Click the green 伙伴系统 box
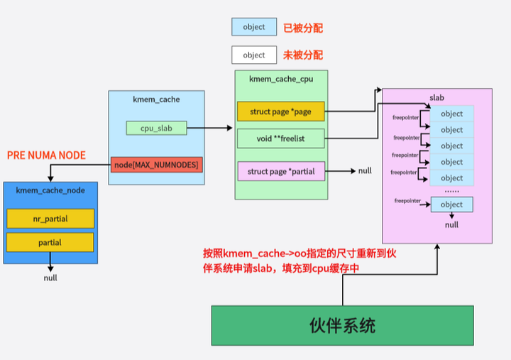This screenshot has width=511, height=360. click(x=342, y=326)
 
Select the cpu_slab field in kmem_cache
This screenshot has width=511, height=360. click(x=156, y=129)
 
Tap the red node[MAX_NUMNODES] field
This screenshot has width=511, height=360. click(x=156, y=165)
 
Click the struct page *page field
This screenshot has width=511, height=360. click(x=280, y=111)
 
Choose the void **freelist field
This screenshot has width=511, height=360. click(x=280, y=138)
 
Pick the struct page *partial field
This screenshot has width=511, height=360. click(x=280, y=171)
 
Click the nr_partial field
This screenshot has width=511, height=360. click(x=50, y=219)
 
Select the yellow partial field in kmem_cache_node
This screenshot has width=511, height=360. click(x=50, y=243)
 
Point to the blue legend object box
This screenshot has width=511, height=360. click(x=253, y=27)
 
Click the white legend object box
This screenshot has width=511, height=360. click(x=253, y=55)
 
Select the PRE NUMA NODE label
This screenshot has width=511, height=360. click(x=46, y=155)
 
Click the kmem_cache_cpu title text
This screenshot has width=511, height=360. click(x=281, y=79)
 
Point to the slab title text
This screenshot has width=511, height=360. click(x=437, y=96)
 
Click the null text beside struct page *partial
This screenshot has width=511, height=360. click(x=365, y=171)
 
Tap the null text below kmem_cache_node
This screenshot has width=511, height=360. click(x=51, y=278)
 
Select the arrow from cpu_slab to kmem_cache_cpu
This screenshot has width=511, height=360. click(x=209, y=129)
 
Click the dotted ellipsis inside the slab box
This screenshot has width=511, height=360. click(x=451, y=190)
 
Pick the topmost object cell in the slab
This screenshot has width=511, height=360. click(x=451, y=114)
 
